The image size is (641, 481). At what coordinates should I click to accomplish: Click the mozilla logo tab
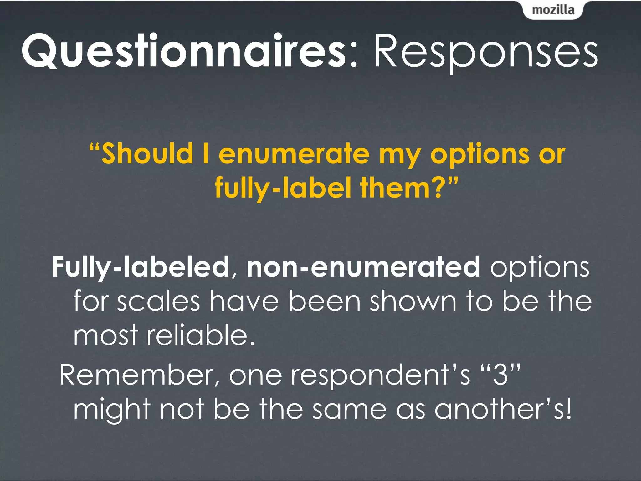(553, 10)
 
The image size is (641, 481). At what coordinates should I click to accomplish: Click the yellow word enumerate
(294, 154)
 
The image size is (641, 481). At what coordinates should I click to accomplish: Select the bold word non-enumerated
(363, 267)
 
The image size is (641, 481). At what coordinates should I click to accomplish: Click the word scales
(158, 301)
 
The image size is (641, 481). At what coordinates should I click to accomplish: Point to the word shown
(413, 301)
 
